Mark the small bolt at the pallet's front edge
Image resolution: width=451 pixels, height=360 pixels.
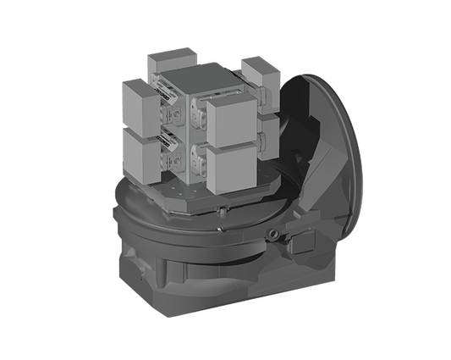point(217,208)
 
